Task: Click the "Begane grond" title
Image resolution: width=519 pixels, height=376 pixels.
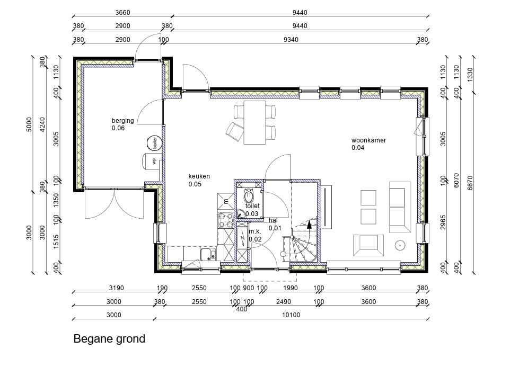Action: [109, 339]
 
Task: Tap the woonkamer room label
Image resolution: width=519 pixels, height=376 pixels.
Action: [368, 144]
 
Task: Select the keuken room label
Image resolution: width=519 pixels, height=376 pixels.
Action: [199, 180]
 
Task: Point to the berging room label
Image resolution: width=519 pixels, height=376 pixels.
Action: [123, 124]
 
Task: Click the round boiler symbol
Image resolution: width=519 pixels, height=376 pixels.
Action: [154, 143]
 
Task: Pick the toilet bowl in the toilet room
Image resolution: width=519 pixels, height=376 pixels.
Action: [248, 196]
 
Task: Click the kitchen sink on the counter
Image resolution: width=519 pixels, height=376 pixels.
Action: [208, 254]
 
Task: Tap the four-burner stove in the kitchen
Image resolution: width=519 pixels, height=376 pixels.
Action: [225, 220]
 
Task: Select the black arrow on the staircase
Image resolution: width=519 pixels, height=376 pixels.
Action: [309, 225]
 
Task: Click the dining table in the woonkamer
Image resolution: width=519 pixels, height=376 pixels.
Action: [254, 122]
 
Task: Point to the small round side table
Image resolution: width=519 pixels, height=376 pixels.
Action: [400, 245]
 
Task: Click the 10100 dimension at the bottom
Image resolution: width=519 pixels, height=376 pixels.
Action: [291, 315]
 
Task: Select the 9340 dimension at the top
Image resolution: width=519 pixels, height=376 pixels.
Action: [291, 40]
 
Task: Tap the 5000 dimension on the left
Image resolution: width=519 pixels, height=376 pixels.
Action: [29, 124]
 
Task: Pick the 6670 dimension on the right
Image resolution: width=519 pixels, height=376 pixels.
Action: [470, 183]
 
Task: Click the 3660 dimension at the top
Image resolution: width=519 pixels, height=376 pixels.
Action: [122, 13]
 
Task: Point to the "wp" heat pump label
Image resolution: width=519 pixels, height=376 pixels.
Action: [154, 161]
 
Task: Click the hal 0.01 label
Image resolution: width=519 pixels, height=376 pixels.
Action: [275, 224]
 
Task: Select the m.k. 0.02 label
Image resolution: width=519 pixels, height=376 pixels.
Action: [255, 236]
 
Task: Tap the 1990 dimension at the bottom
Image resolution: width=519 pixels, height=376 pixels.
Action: [291, 288]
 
